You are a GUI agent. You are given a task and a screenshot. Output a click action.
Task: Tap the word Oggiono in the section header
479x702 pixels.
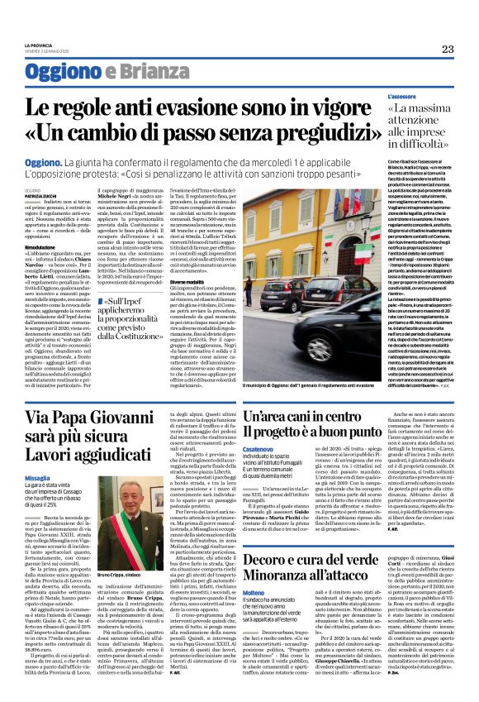[x=56, y=71]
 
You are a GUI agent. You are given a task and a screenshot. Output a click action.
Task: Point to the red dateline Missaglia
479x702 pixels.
[x=38, y=479]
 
